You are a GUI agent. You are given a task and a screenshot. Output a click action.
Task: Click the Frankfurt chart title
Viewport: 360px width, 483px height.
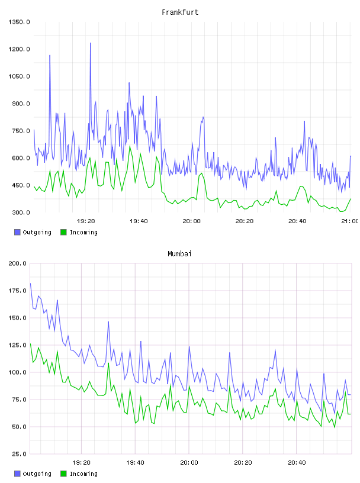180,12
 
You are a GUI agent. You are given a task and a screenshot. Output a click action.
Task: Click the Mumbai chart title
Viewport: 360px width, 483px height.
179,254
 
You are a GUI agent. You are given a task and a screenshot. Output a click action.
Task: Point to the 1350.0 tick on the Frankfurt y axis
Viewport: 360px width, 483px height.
19,22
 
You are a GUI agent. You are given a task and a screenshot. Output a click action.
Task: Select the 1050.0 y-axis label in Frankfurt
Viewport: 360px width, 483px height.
19,76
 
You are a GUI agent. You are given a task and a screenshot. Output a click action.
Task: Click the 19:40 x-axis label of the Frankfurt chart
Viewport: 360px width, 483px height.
139,221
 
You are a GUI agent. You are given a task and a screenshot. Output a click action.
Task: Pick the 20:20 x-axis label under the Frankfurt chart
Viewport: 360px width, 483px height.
245,221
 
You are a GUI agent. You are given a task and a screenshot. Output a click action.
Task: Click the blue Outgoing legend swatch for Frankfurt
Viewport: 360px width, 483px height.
17,232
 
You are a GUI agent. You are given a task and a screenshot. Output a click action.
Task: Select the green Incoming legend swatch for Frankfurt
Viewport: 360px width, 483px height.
63,232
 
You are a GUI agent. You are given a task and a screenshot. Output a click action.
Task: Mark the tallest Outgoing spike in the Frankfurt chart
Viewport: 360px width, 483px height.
91,43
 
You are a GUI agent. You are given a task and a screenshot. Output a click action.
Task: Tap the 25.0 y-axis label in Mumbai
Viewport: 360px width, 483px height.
20,454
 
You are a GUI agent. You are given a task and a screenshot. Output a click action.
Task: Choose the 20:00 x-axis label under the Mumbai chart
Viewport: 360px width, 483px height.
189,463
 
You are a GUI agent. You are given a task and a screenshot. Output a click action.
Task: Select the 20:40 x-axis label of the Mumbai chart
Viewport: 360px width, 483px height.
297,463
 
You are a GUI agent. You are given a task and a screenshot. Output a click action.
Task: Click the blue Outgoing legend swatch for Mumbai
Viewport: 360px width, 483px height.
17,474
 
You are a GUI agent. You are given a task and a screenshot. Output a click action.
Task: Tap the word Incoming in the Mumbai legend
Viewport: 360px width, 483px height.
83,474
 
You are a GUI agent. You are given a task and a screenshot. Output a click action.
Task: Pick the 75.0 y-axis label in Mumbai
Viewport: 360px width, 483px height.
20,400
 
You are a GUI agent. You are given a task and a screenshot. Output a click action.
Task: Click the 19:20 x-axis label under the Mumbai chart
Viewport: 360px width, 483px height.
81,463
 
